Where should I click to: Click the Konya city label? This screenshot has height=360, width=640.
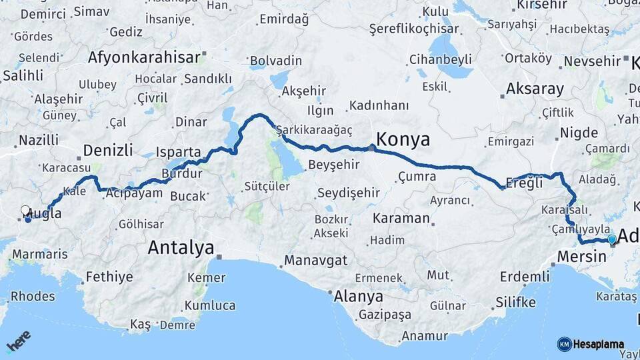403,139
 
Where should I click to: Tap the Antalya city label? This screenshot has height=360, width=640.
181,248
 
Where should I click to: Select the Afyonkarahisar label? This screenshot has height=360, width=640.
144,57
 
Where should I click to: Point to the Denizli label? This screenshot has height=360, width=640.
108,149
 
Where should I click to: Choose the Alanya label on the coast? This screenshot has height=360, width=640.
359,296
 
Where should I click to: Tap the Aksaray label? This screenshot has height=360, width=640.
535,89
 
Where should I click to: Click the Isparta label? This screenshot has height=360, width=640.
178,152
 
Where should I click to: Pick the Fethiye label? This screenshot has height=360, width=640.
109,277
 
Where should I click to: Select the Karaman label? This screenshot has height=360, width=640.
401,218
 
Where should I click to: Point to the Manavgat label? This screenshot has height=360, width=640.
315,260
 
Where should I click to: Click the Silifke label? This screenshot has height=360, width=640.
515,303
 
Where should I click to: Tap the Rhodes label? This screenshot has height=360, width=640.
33,296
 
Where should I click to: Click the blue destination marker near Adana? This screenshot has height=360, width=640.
612,239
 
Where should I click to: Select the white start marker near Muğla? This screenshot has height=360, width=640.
25,211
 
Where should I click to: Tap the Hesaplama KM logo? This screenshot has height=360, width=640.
591,344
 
